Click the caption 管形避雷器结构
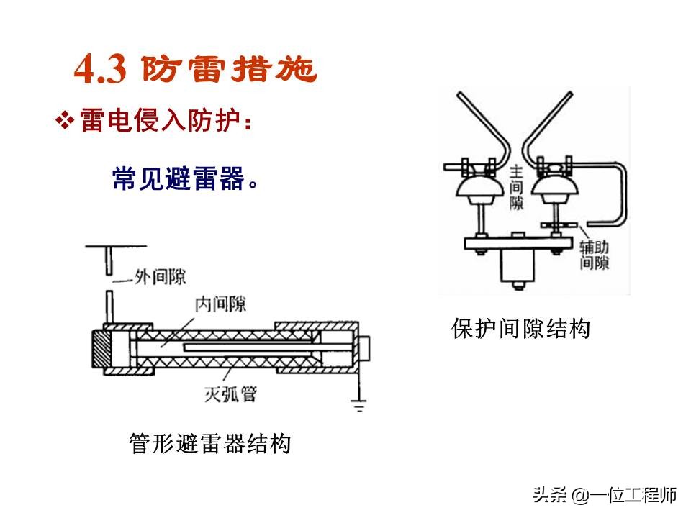(x=209, y=443)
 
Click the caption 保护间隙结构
(x=520, y=329)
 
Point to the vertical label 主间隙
(x=516, y=188)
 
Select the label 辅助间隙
(x=595, y=255)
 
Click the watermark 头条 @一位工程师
(x=605, y=495)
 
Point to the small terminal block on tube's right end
(x=365, y=349)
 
